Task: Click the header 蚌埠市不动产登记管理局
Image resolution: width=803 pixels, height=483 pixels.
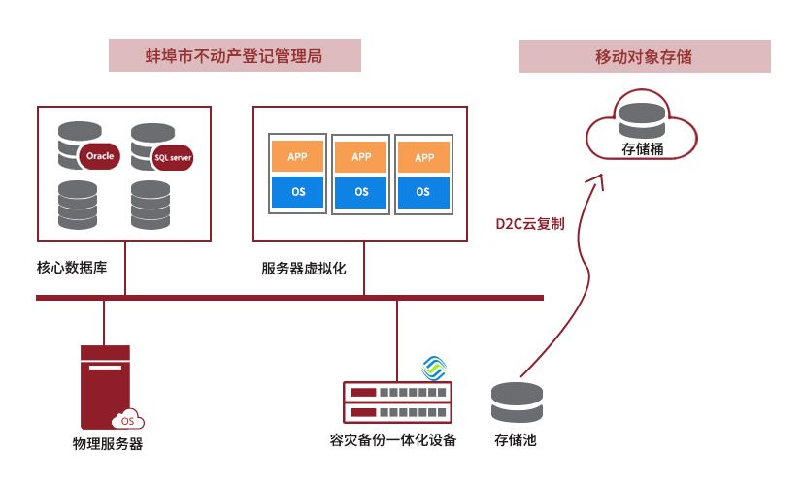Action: click(x=234, y=55)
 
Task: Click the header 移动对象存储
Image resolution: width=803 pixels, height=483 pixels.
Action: click(x=644, y=56)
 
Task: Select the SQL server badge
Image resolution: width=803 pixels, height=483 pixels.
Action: click(x=173, y=157)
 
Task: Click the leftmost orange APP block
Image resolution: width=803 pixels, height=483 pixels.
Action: click(x=298, y=156)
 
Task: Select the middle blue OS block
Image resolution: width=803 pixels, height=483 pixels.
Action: click(x=361, y=192)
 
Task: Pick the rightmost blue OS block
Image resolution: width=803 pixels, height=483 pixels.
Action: click(x=423, y=192)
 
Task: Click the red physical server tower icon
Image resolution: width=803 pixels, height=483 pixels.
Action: click(x=104, y=387)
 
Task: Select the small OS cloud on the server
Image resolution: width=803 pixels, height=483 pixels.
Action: click(x=127, y=420)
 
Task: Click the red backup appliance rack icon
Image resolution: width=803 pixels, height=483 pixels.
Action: click(x=398, y=403)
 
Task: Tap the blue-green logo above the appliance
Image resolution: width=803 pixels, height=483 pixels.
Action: click(x=434, y=368)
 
